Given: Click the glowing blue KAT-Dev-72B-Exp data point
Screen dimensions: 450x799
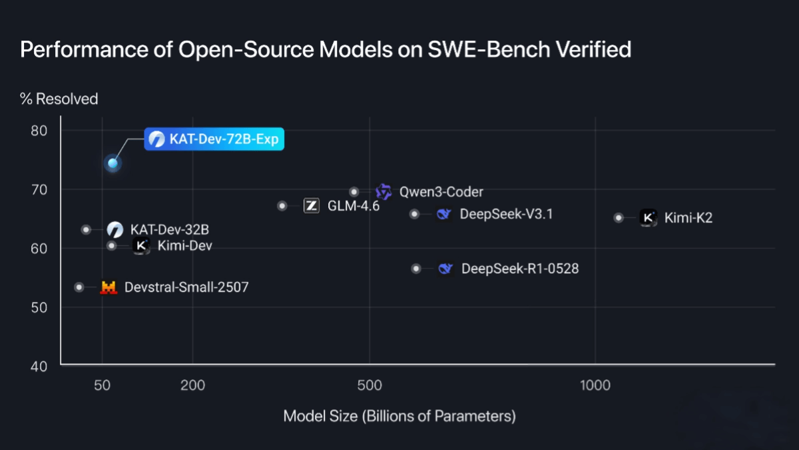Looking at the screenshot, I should pos(113,163).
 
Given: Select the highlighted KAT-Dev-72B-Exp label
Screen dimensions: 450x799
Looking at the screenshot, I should pos(214,139).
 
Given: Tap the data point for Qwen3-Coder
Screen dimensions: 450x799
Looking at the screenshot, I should pos(354,192).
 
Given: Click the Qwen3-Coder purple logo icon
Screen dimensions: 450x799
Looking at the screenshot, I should pos(384,192).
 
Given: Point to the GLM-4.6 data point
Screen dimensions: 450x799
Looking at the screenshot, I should pos(282,206).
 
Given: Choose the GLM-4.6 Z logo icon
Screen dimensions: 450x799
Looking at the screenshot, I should pos(311,206).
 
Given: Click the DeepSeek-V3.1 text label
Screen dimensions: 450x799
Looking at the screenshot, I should pos(506,214).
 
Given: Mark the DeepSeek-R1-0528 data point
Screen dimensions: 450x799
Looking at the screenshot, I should pos(416,269).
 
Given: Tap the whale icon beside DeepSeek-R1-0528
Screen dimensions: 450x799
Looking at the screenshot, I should pos(445,269).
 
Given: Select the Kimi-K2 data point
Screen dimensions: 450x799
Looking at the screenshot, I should pos(619,217).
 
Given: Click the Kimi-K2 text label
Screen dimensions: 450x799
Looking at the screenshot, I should pos(688,217).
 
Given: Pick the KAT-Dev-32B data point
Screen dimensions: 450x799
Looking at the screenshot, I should pos(86,229).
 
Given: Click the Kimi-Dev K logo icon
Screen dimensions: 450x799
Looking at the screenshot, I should pos(140,246).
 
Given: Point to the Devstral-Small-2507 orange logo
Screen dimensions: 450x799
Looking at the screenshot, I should pos(109,287).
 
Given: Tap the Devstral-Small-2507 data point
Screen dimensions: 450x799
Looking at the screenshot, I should pos(79,287).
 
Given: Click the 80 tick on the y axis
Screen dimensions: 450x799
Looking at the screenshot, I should pos(39,130).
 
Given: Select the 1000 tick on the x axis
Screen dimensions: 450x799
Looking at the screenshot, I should pos(595,385).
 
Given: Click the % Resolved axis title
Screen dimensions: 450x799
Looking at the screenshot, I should pos(59,99).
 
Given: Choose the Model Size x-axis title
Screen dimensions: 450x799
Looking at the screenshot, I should pos(400,417).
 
